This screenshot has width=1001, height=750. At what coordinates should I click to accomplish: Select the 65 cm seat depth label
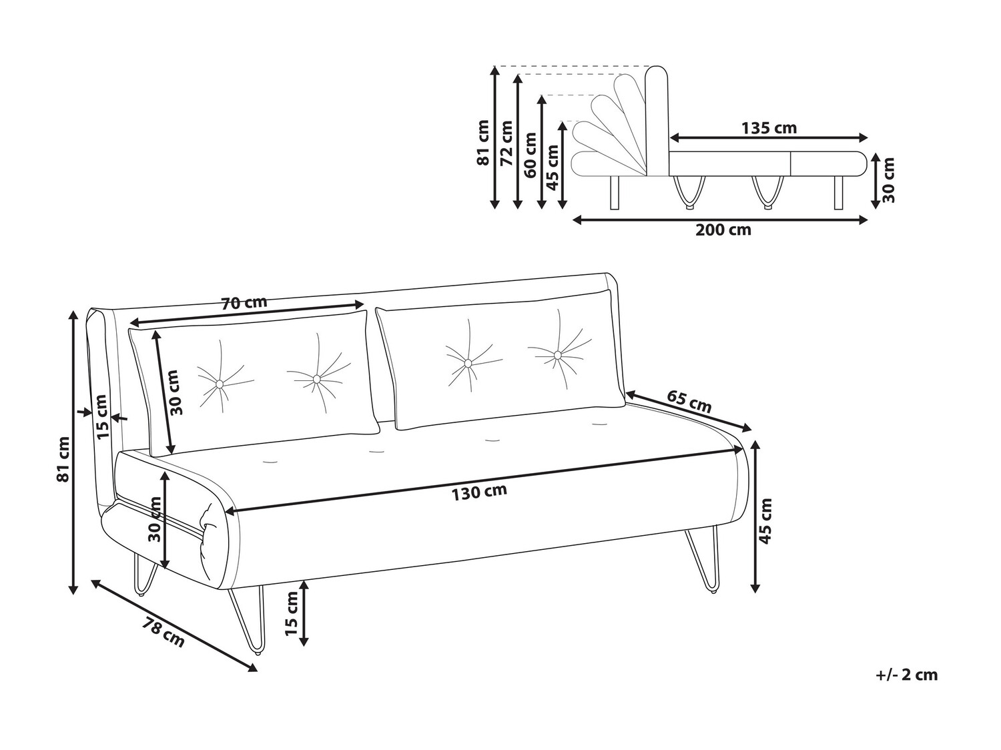(689, 401)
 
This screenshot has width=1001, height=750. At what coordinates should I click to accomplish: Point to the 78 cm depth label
(163, 632)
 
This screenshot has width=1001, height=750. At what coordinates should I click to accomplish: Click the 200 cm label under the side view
(723, 230)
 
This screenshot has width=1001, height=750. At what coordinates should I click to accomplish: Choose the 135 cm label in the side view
(769, 128)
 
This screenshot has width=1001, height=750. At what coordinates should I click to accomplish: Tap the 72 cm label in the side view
(507, 143)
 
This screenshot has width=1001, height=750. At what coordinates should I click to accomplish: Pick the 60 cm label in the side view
(531, 155)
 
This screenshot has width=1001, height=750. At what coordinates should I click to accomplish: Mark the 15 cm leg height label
(290, 613)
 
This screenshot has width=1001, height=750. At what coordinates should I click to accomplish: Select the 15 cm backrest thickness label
(103, 417)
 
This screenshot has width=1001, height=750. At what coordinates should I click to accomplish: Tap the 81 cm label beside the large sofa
(63, 459)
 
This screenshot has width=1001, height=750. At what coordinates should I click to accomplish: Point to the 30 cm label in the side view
(888, 179)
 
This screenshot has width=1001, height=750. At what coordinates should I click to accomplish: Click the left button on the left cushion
(220, 384)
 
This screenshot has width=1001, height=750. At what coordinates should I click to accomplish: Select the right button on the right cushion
(557, 354)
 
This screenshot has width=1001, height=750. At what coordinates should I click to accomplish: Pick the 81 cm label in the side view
(483, 143)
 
